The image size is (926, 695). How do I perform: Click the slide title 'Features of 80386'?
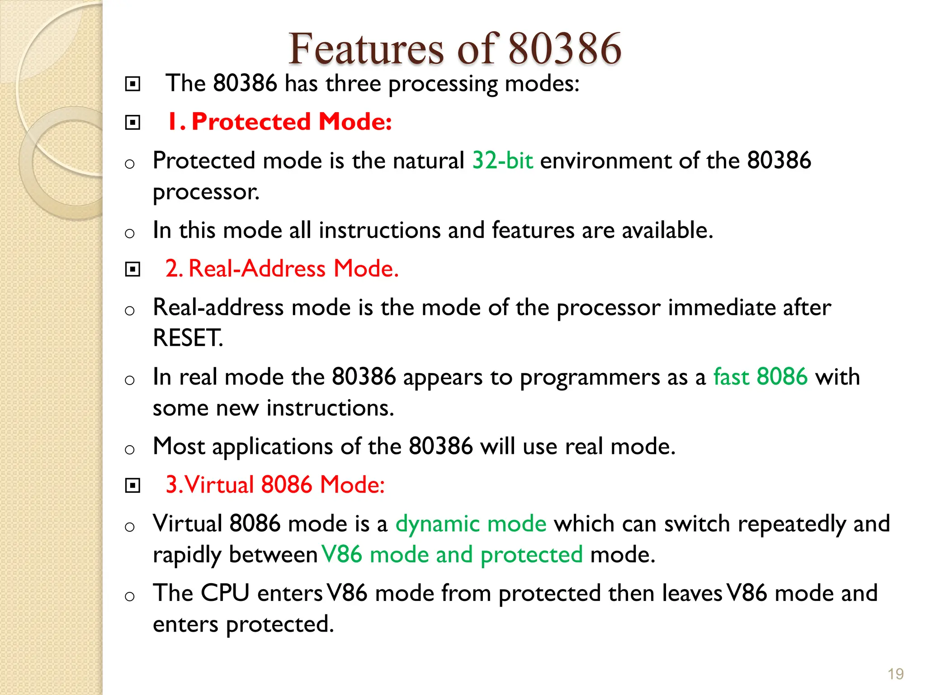tap(455, 49)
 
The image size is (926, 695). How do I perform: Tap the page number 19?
tap(895, 674)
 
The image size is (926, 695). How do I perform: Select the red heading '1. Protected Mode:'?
tap(279, 122)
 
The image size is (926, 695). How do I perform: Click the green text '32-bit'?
tap(503, 161)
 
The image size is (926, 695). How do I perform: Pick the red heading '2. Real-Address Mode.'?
tap(282, 268)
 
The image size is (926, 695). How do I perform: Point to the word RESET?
tap(188, 338)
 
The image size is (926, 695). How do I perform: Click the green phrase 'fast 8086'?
tap(761, 377)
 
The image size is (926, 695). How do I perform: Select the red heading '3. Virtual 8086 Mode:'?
tap(275, 485)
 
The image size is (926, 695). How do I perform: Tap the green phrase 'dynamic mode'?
tap(471, 524)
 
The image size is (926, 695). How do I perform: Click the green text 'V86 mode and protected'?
tap(452, 555)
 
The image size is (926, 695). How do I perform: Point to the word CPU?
tap(225, 593)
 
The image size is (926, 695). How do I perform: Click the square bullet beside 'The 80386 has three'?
tap(132, 84)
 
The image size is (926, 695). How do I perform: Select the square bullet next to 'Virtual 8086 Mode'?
tap(132, 486)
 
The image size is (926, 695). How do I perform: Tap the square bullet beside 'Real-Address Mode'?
tap(132, 270)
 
